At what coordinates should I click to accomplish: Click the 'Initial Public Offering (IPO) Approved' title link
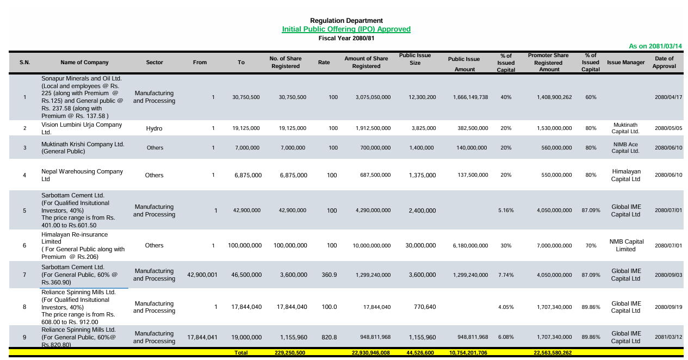click(x=346, y=29)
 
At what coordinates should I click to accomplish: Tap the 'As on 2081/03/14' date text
click(x=655, y=47)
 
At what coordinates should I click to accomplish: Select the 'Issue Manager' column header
click(x=625, y=63)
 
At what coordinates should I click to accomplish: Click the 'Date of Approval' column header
click(x=664, y=63)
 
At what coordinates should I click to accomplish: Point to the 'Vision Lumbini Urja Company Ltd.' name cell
click(x=82, y=128)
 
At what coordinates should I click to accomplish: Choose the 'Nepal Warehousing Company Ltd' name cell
click(x=82, y=175)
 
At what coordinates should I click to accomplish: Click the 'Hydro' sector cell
click(x=154, y=129)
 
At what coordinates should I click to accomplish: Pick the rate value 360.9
click(x=329, y=275)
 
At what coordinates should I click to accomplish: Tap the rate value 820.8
click(x=329, y=338)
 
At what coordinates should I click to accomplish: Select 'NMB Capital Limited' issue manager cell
click(x=626, y=246)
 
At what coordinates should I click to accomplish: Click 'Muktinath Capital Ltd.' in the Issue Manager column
click(x=625, y=128)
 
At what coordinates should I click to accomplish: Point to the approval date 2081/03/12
click(x=668, y=338)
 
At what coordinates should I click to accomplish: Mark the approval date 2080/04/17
click(x=668, y=97)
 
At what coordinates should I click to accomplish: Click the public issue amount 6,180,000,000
click(x=470, y=246)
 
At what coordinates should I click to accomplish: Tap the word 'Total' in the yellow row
click(x=241, y=353)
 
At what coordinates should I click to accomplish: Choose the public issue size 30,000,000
click(x=420, y=246)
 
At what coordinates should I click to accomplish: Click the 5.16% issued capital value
click(x=506, y=210)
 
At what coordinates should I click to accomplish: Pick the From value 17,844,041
click(x=202, y=338)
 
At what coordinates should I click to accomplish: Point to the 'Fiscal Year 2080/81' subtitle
click(x=346, y=38)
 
